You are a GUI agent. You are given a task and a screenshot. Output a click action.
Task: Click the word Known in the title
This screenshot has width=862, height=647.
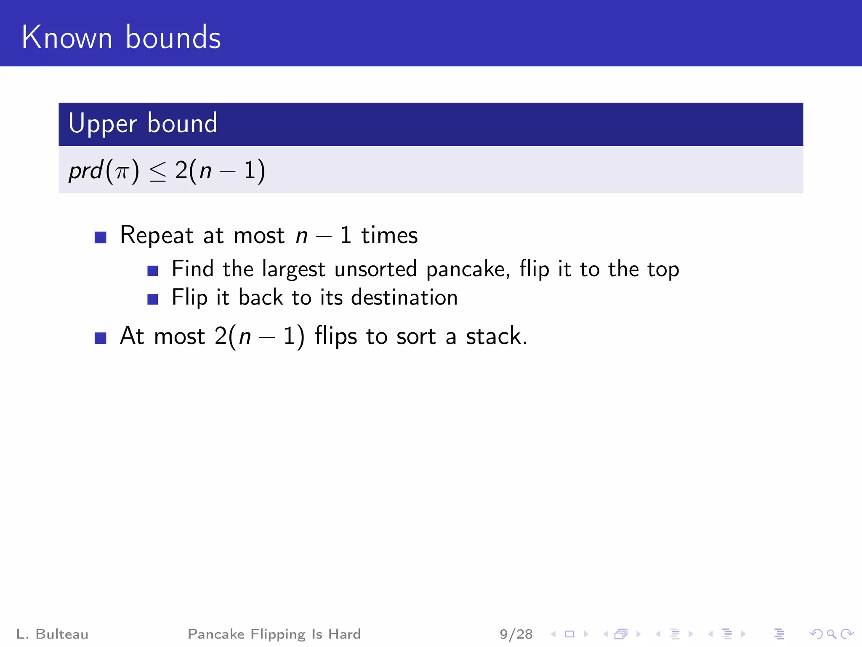(x=67, y=37)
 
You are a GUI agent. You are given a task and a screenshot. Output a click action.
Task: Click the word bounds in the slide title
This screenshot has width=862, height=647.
(x=173, y=37)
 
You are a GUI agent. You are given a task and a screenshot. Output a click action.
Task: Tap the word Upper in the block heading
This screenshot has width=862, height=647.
(x=103, y=124)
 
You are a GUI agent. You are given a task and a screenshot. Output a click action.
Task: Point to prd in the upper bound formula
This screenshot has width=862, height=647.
(x=85, y=171)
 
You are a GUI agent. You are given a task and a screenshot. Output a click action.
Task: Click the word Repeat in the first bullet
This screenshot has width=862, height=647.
(x=157, y=235)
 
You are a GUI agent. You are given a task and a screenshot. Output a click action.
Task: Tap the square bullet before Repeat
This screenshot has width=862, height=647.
(x=100, y=237)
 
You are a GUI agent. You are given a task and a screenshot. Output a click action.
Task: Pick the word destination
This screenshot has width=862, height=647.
(x=404, y=297)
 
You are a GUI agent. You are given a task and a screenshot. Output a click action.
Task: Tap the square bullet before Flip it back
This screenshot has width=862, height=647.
(x=153, y=299)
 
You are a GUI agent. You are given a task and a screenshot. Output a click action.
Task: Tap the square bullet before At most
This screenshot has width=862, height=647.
(x=100, y=338)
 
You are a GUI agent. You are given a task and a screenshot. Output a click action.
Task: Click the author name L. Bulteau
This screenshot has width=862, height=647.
(x=52, y=634)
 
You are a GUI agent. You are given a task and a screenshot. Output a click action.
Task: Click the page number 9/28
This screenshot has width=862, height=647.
(x=516, y=634)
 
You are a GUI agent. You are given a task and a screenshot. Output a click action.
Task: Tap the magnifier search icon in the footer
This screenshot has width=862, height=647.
(x=831, y=634)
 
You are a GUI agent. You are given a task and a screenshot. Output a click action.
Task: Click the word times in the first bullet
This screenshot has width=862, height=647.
(x=389, y=235)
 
